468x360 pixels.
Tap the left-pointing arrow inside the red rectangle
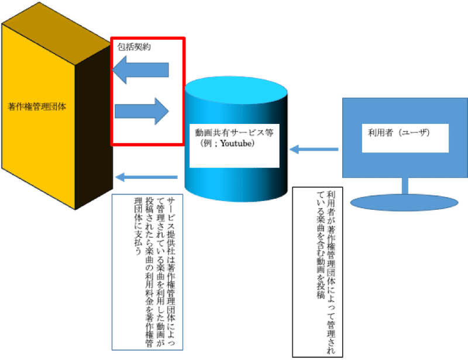[140, 71]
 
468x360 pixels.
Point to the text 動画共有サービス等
[234, 132]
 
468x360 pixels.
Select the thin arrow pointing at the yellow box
[146, 176]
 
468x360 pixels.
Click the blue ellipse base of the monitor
[404, 202]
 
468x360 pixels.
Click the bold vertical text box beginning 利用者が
[325, 272]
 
